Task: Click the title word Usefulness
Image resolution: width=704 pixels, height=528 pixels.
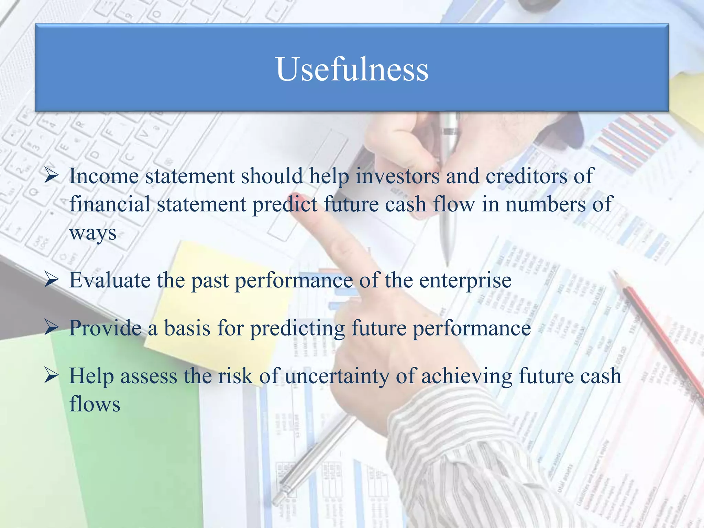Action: pos(352,69)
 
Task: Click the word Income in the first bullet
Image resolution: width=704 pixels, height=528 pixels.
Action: pos(103,176)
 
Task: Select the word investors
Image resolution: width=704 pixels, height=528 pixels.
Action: pos(397,176)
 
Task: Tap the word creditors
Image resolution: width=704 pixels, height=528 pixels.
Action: pos(526,176)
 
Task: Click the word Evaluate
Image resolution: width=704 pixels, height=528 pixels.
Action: pos(110,280)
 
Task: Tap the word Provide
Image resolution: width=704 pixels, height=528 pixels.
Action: pos(105,328)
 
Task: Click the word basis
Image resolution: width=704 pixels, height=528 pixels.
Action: pos(187,328)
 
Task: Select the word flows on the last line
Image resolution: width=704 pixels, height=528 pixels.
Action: pos(95,404)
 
